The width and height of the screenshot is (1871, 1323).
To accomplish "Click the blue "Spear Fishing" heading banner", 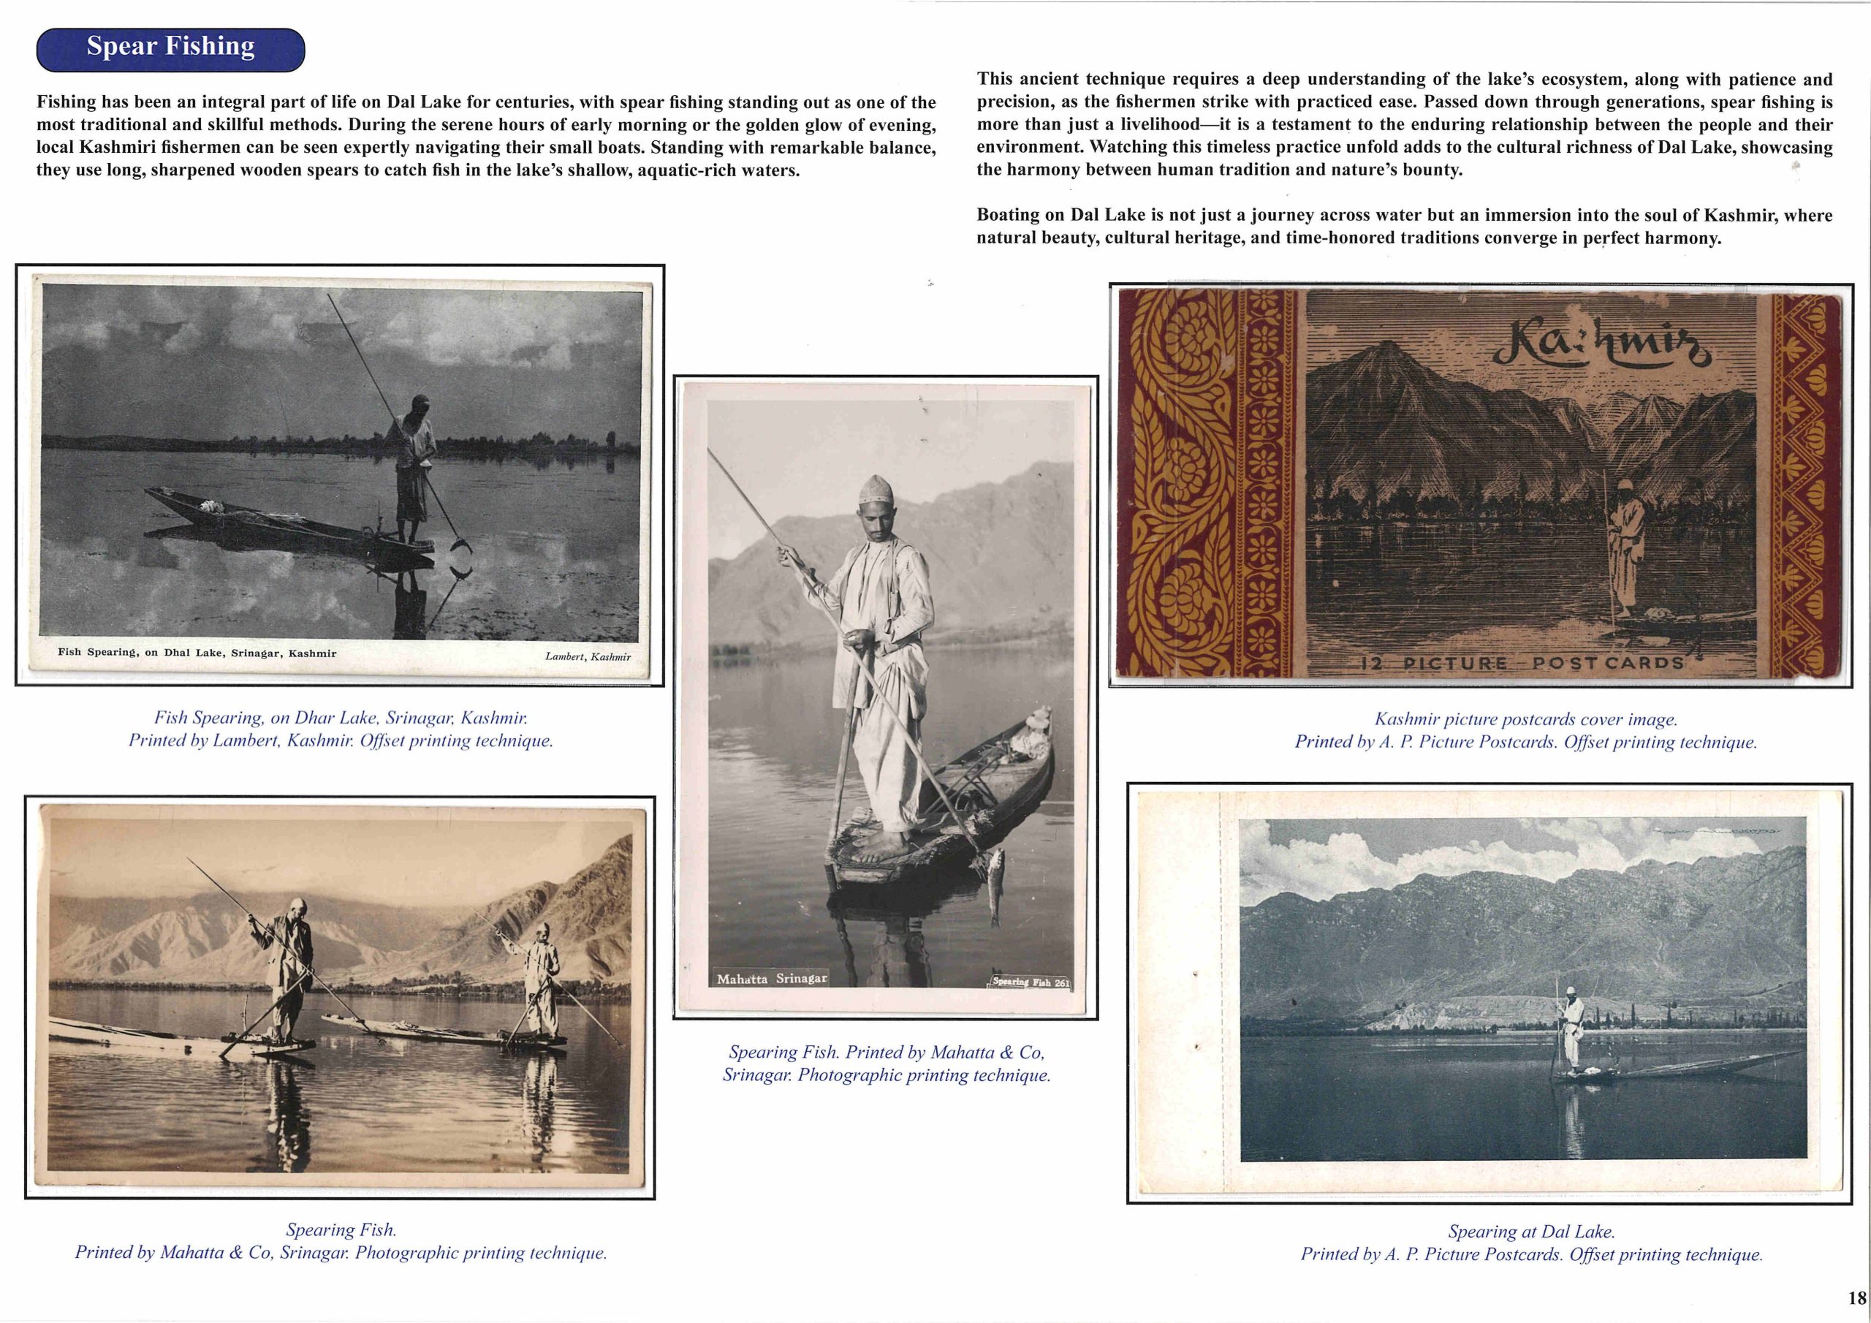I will pos(170,48).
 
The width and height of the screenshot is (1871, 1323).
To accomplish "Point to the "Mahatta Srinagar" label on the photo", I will pos(771,978).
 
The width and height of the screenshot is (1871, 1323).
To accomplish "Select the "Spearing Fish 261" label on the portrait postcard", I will pos(1030,982).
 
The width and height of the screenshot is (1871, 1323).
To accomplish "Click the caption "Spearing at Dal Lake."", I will pos(1530,1232).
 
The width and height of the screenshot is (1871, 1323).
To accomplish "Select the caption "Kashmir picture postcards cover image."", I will pos(1525,720).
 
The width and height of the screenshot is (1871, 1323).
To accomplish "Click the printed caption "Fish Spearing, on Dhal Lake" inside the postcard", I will pos(197,653).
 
